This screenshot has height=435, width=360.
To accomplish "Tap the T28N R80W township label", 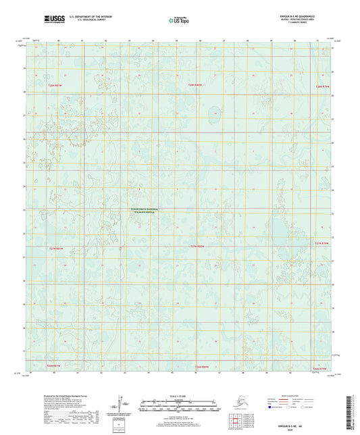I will tap(195, 85).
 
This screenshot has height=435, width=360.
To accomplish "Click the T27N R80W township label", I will tap(195, 247).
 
